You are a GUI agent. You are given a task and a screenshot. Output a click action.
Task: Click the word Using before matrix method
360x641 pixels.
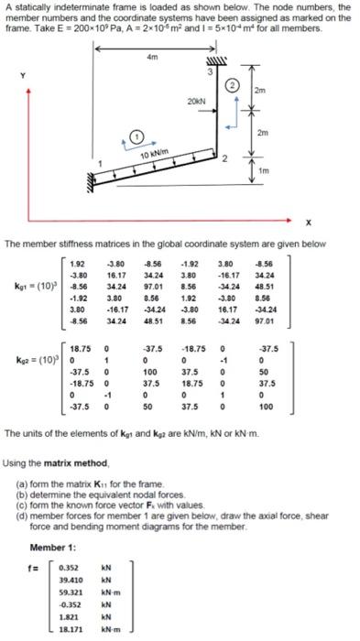click(17, 463)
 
